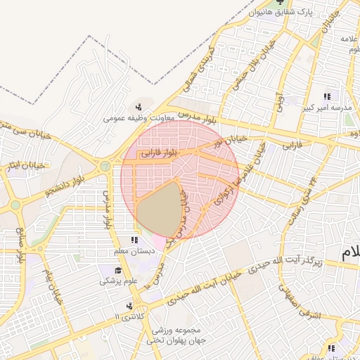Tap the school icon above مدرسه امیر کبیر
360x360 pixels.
pyautogui.click(x=326, y=96)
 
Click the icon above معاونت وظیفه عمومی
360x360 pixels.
pyautogui.click(x=139, y=107)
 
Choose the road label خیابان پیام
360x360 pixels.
pyautogui.click(x=52, y=281)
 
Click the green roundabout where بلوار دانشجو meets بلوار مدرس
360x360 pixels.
pyautogui.click(x=105, y=167)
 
